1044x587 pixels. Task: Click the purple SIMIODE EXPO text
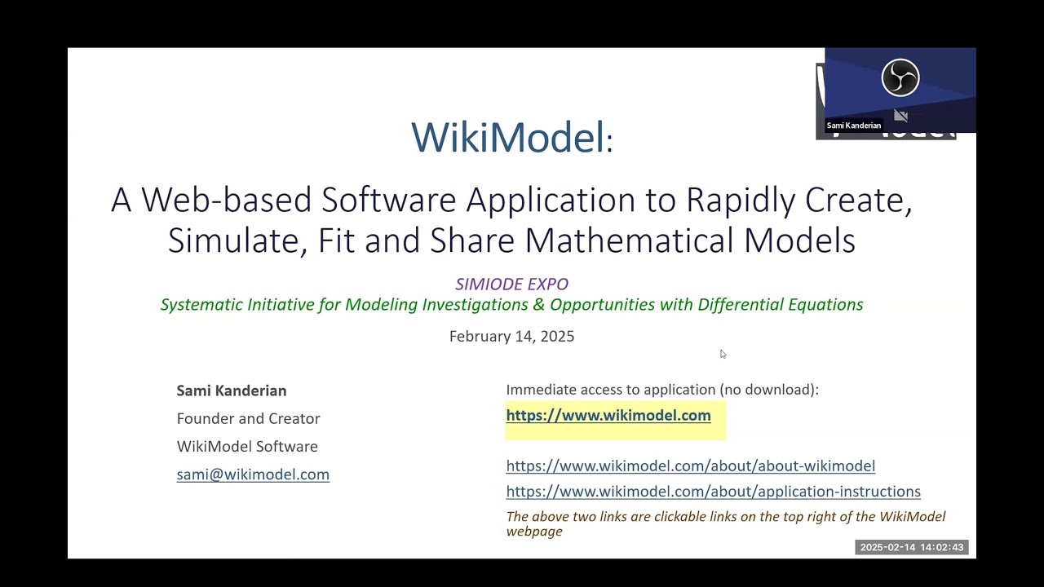[x=511, y=284]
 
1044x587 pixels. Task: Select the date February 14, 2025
[x=511, y=336]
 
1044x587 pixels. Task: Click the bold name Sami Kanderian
[x=232, y=391]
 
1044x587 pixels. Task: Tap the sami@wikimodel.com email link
[x=253, y=474]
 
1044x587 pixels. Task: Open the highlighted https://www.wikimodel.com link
[x=608, y=416]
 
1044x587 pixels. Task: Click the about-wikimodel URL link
[x=690, y=466]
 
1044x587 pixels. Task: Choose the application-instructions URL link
[x=713, y=492]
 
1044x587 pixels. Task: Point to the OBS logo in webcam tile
[x=900, y=78]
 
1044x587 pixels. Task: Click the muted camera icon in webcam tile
[x=900, y=116]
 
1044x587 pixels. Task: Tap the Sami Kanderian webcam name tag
[x=853, y=126]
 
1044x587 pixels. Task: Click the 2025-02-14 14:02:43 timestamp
[x=911, y=547]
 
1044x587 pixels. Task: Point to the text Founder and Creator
[x=248, y=418]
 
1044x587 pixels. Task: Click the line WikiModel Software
[x=247, y=446]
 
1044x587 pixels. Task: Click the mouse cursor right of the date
[x=723, y=354]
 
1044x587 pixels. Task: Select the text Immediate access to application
[x=610, y=390]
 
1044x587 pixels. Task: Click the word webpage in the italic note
[x=534, y=532]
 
